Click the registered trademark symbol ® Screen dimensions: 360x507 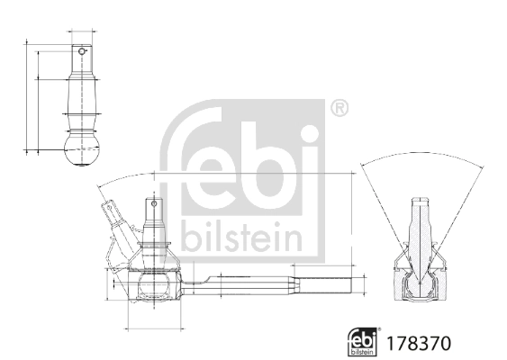pyautogui.click(x=339, y=109)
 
